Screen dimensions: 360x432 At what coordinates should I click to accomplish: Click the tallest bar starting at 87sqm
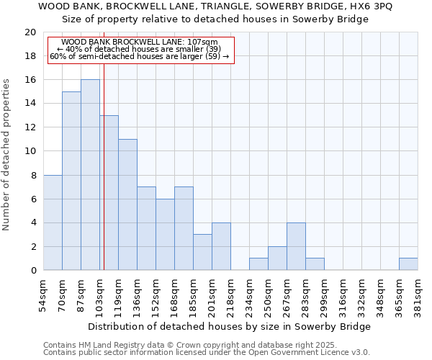tap(90, 175)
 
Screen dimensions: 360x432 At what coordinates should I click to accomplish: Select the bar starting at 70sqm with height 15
tap(71, 181)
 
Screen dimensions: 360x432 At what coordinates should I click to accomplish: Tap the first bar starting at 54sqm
tap(53, 222)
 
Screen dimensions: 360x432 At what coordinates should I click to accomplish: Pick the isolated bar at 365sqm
tap(408, 264)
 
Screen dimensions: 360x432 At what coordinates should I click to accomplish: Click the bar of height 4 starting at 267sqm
tap(296, 246)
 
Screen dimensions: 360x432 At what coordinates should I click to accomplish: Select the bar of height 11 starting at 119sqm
tap(127, 204)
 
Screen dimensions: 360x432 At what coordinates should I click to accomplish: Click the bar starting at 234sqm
tap(258, 264)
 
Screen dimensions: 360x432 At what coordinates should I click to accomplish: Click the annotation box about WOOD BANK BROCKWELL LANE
tap(141, 50)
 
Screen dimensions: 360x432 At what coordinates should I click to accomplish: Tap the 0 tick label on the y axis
tap(32, 271)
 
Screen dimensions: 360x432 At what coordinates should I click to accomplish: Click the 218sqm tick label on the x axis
tap(230, 294)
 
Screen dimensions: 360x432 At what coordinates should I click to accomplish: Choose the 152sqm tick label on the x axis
tap(156, 294)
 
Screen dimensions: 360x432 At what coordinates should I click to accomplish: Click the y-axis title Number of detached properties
tap(7, 155)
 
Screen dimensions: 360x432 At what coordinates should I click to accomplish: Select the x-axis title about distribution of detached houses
tap(229, 326)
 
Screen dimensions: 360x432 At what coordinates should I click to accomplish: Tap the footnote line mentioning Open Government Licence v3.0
tap(206, 353)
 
